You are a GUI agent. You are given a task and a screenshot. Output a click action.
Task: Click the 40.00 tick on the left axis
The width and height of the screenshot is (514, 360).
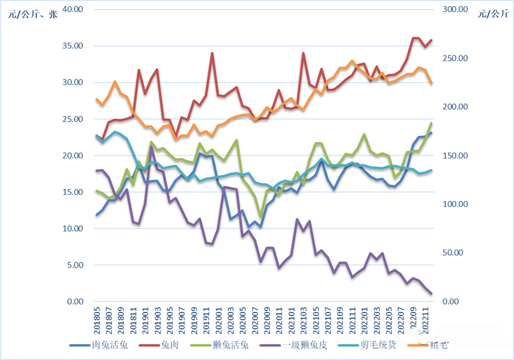pos(72,10)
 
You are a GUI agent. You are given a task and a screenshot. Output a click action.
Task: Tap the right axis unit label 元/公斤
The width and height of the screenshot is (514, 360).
pos(492,14)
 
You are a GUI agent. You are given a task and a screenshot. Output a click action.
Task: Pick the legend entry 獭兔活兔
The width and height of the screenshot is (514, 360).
pos(232,345)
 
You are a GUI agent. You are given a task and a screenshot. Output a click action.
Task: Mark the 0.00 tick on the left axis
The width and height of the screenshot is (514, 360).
pos(75,302)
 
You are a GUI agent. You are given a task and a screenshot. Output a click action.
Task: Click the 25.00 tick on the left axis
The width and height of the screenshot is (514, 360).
pos(72,119)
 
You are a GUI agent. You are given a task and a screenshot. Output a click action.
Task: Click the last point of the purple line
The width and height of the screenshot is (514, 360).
pos(431,294)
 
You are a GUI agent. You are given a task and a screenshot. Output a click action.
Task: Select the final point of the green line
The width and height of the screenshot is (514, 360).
pos(431,123)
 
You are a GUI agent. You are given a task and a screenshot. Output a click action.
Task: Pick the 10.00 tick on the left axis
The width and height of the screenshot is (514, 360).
pos(72,229)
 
